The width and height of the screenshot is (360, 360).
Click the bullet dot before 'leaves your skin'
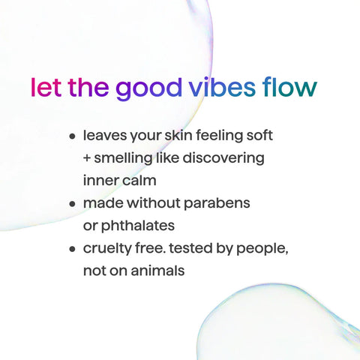coord(73,138)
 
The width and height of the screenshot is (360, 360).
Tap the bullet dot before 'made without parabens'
coord(73,204)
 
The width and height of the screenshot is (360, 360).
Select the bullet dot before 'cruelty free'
coord(73,248)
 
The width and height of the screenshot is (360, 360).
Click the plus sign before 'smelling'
coord(88,159)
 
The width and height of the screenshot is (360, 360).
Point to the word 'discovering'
coord(225,159)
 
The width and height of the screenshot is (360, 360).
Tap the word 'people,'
coord(263,248)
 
